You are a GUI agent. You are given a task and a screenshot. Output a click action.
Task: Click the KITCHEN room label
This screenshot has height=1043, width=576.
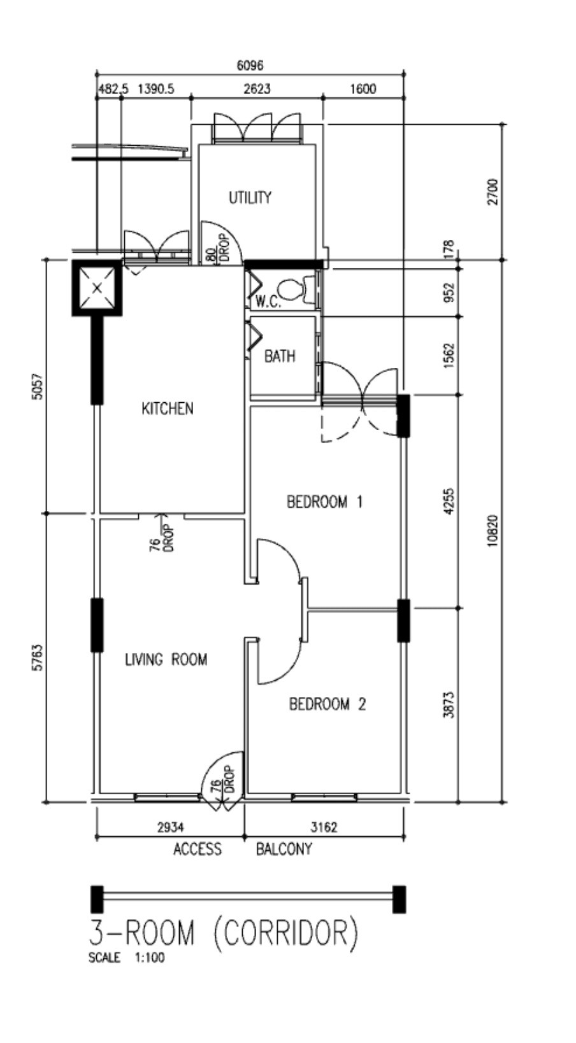coord(167,409)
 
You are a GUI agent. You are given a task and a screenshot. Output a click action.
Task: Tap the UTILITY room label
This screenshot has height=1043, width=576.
coord(250,198)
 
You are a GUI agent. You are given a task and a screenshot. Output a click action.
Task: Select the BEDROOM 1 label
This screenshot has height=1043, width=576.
coord(324,502)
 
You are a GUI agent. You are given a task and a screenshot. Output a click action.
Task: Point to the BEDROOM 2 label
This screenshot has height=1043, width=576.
coord(328,704)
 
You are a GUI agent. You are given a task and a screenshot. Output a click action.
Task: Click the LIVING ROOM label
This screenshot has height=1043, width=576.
coord(166,659)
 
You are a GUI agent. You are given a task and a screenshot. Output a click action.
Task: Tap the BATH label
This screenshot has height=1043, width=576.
coord(280,356)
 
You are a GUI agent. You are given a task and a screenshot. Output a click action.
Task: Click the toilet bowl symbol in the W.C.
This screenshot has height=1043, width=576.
coord(292,290)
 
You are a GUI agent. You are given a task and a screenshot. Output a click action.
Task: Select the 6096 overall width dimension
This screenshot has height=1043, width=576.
coord(249,66)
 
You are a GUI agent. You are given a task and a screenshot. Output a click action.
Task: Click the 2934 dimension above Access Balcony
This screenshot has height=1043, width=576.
coord(170,827)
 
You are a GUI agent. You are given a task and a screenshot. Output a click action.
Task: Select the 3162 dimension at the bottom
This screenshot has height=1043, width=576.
coord(324,827)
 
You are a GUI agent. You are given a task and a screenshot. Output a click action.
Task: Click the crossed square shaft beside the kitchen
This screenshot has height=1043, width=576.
coord(97,288)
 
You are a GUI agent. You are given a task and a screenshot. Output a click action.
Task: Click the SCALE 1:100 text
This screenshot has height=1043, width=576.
coord(126,958)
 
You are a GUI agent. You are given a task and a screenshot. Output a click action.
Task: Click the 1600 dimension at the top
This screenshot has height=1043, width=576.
coord(363,89)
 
